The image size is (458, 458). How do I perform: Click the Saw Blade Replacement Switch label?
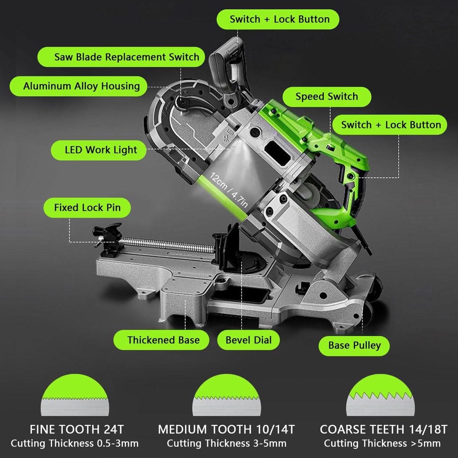click(121, 57)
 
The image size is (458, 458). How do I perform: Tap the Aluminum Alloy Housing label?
click(79, 86)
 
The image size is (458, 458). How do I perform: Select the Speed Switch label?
click(327, 97)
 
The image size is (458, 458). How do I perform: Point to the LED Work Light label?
click(98, 150)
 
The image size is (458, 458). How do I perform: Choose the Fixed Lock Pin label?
click(87, 208)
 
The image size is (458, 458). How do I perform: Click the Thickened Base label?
click(161, 340)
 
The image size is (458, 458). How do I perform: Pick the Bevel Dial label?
click(248, 340)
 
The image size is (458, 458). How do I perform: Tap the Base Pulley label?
click(354, 346)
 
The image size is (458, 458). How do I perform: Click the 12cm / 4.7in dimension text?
click(229, 190)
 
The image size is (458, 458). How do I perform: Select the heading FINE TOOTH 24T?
click(77, 429)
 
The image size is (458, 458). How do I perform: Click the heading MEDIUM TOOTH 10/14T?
click(226, 429)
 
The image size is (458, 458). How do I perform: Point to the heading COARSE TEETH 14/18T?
click(384, 429)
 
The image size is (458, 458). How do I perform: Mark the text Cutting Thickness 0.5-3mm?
click(75, 443)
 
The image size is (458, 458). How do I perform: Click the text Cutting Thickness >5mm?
click(382, 443)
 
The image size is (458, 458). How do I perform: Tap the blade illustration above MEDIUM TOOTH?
click(226, 395)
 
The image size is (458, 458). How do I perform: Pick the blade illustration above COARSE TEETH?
click(380, 395)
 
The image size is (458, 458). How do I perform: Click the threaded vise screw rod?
click(166, 245)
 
